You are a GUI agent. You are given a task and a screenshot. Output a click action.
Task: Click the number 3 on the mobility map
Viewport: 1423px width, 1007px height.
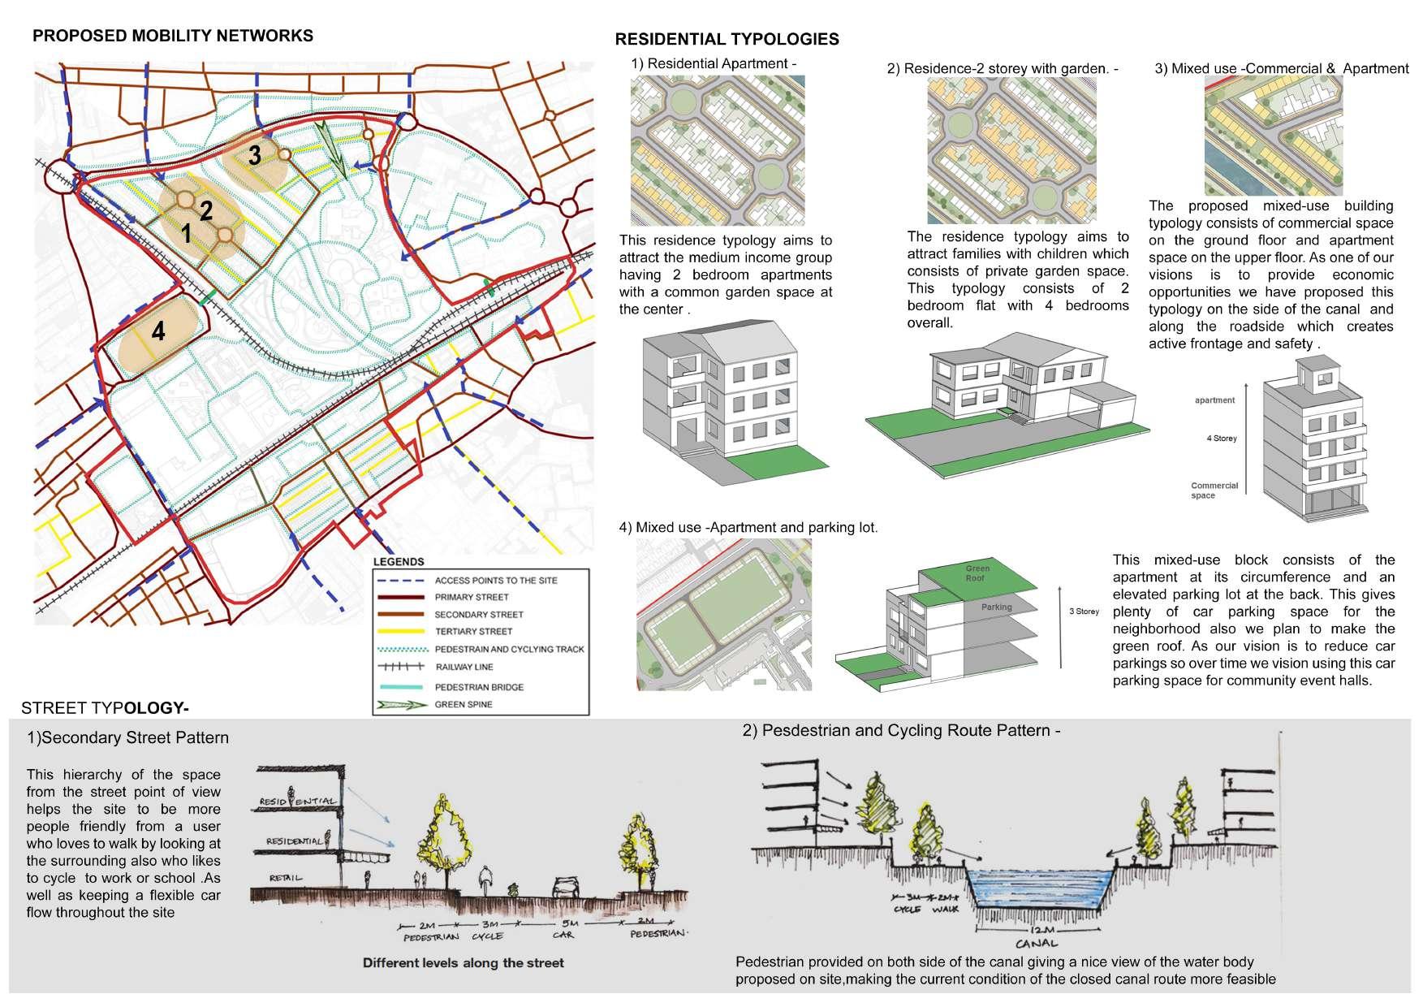tap(254, 155)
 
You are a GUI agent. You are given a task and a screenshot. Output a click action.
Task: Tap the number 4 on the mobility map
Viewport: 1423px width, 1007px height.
tap(158, 331)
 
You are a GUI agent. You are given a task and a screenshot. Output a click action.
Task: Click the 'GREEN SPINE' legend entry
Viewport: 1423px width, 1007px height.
tap(463, 704)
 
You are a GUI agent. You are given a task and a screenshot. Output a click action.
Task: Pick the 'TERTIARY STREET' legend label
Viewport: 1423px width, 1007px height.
tap(473, 631)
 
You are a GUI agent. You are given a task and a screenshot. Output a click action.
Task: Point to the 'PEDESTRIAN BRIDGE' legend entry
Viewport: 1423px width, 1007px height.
tap(479, 687)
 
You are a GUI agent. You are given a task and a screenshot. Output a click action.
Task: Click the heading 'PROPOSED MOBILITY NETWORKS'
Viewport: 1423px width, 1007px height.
tap(172, 36)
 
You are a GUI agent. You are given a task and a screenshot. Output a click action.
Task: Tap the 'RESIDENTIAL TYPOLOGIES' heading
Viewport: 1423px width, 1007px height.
tap(727, 39)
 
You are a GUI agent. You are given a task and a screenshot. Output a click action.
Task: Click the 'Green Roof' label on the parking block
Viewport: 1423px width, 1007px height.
tap(977, 573)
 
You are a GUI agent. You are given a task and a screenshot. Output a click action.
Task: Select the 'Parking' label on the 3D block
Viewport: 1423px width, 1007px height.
tap(996, 607)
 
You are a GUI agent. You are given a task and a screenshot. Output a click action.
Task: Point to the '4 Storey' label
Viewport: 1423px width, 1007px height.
tap(1222, 439)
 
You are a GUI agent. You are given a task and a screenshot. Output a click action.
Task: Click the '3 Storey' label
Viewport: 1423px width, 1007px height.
tap(1084, 612)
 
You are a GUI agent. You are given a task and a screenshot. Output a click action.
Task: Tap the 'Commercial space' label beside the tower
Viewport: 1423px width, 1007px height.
tap(1214, 491)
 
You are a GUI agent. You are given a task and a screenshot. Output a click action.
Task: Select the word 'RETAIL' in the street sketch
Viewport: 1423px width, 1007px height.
tap(287, 877)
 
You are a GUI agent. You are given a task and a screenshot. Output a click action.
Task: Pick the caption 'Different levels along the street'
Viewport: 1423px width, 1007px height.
tap(463, 963)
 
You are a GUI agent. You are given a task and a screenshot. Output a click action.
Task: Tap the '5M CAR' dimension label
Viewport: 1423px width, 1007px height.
tap(563, 929)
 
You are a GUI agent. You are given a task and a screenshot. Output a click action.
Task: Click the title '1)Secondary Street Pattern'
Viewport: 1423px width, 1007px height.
tap(127, 738)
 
